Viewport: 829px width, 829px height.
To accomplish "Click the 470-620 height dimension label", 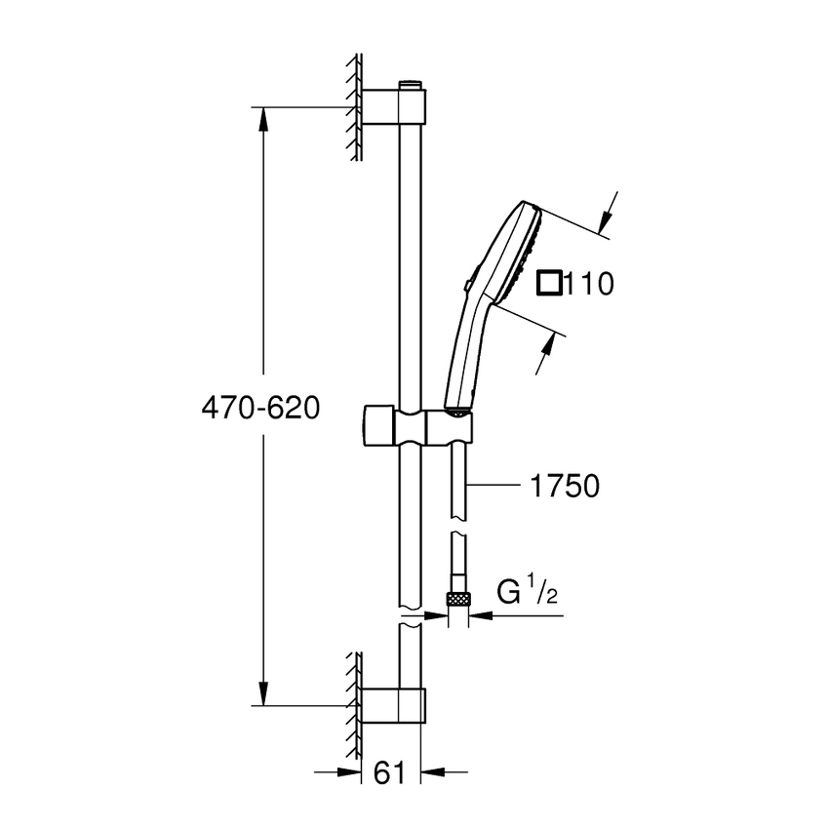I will pyautogui.click(x=259, y=407).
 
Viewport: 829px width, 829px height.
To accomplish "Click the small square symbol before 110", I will pyautogui.click(x=551, y=283).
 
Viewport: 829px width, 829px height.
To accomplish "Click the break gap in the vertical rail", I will pyautogui.click(x=411, y=616).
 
